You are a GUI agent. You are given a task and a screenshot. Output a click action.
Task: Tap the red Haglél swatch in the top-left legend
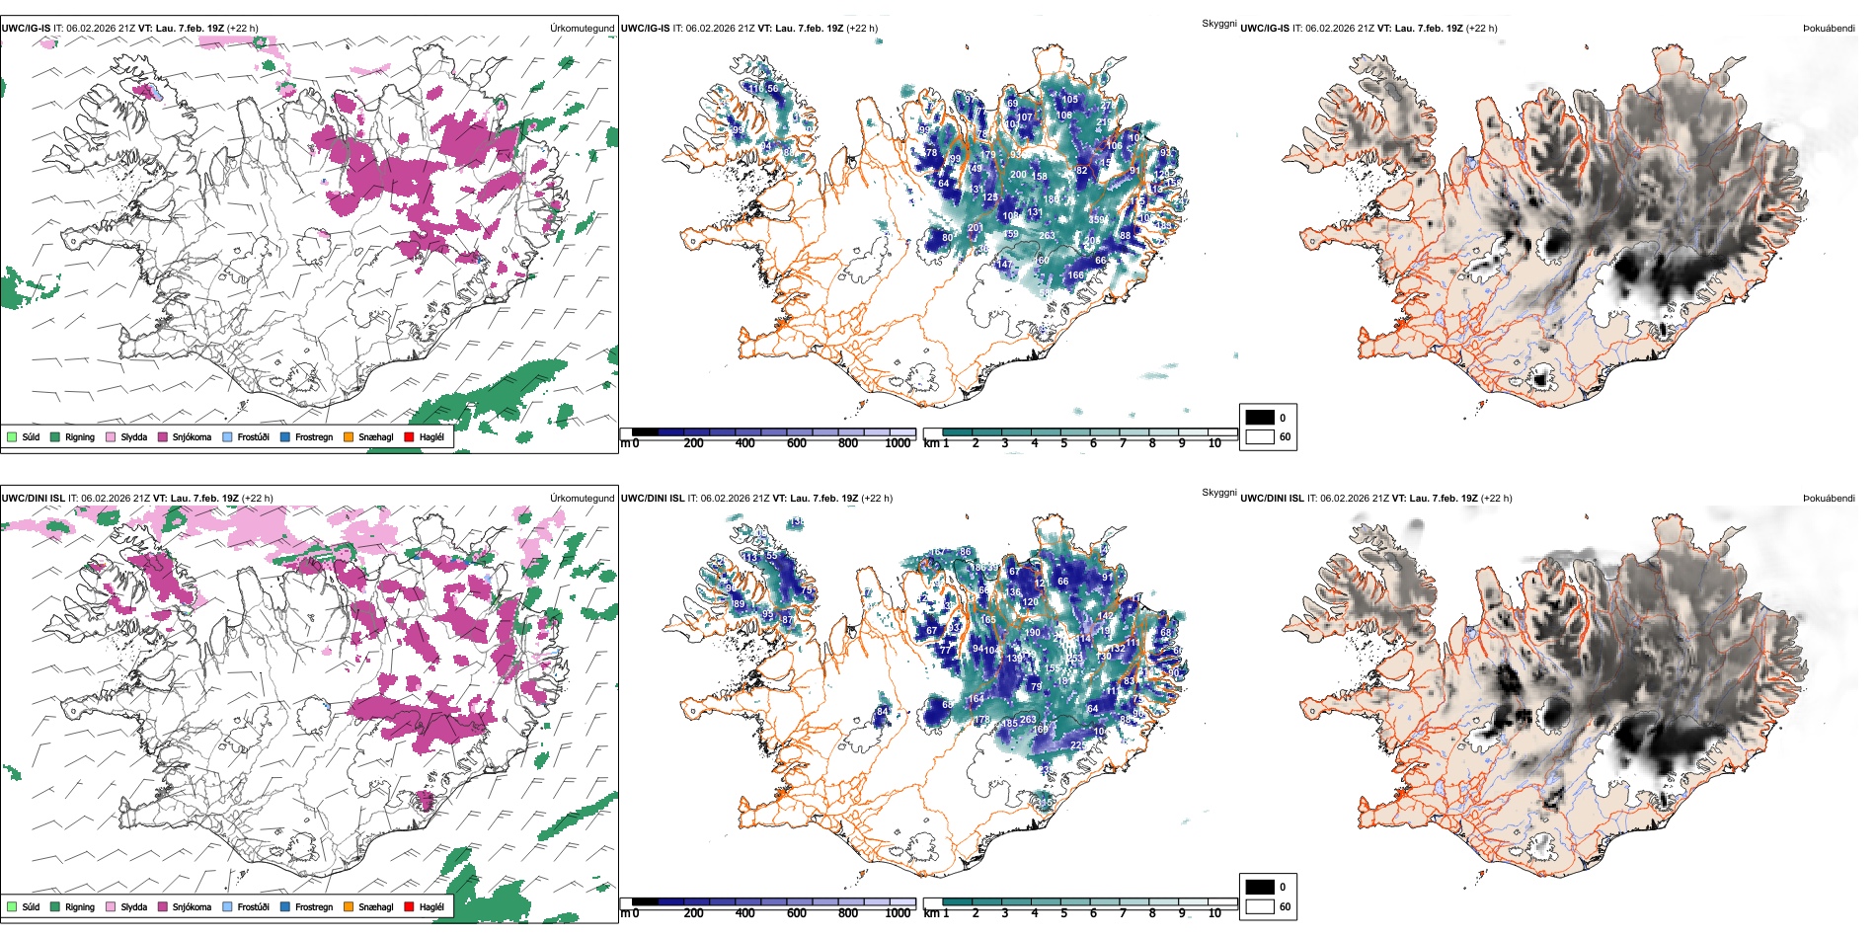point(409,437)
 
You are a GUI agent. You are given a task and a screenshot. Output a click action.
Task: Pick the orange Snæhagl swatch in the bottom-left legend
point(349,907)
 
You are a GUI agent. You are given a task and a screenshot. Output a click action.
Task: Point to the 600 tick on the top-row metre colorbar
point(796,443)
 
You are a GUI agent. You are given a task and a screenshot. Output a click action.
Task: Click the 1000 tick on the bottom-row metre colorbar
point(897,913)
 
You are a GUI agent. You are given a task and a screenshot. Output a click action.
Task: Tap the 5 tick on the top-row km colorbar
point(1063,443)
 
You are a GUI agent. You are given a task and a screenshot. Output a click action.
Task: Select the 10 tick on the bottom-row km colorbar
point(1214,913)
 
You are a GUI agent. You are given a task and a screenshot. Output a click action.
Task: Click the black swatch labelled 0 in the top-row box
point(1260,418)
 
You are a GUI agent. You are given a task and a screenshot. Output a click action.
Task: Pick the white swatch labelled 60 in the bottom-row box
point(1260,906)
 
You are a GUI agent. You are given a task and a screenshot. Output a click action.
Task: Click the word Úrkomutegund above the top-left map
point(582,29)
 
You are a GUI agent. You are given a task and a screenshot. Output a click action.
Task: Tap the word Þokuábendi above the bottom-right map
point(1829,499)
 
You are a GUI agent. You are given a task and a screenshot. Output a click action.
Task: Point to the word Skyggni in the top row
point(1218,24)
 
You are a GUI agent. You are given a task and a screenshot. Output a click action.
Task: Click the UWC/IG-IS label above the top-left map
point(26,29)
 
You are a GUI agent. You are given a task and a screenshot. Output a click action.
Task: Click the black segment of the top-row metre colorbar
point(645,432)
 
